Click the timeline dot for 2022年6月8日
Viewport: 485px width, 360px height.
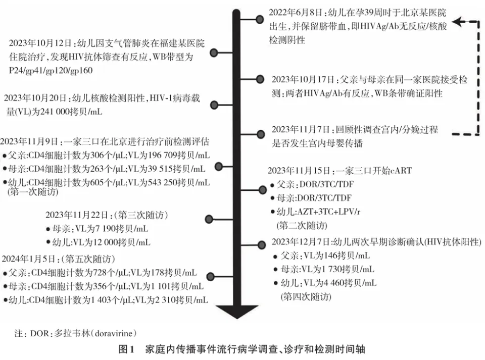coord(260,20)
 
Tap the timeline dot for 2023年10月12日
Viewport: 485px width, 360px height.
coord(214,53)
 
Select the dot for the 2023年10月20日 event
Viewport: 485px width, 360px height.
coord(214,105)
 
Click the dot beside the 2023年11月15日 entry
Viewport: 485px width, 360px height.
coord(262,190)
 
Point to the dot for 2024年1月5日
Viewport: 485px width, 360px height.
coord(211,276)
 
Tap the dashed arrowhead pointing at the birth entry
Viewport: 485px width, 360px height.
coord(457,22)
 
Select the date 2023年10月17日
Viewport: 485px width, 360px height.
coord(303,80)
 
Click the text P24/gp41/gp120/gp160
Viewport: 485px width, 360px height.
coord(51,71)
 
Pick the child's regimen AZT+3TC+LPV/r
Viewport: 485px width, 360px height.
coord(328,212)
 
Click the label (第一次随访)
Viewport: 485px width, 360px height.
coord(33,192)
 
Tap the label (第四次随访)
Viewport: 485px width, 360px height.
coord(306,297)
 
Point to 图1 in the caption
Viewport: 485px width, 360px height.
coord(126,349)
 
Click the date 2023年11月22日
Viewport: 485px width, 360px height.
coord(77,215)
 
